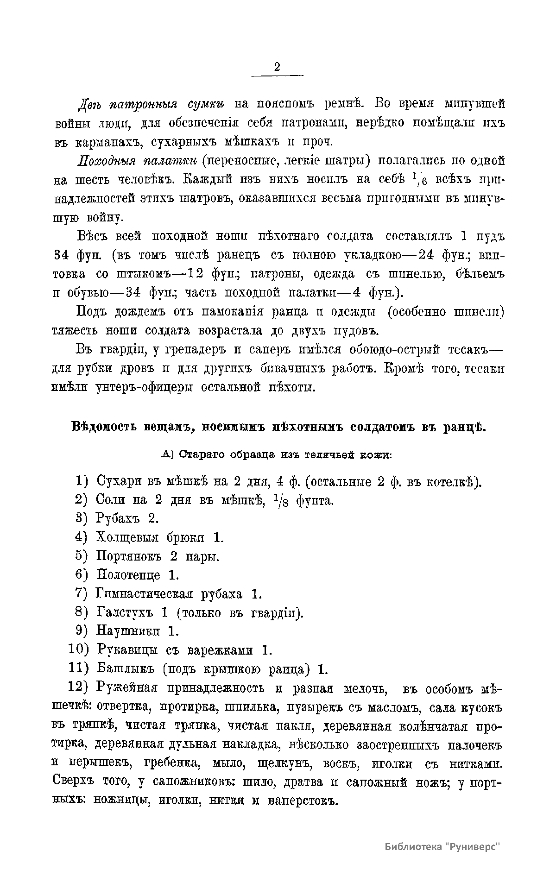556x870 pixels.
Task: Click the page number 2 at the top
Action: click(x=277, y=67)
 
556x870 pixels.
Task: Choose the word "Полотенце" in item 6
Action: click(x=129, y=575)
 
